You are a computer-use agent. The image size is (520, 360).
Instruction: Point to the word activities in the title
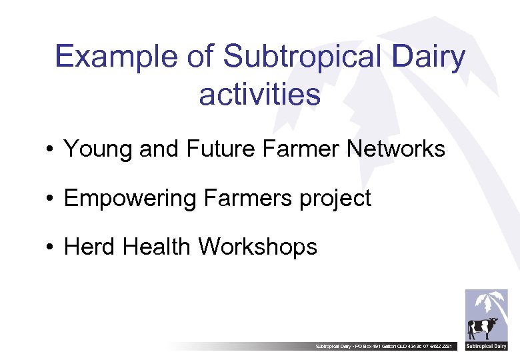tap(259, 95)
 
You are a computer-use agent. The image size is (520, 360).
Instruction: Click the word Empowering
tap(130, 198)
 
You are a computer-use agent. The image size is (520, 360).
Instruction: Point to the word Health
tap(157, 247)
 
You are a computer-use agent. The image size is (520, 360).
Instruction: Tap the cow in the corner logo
tap(483, 328)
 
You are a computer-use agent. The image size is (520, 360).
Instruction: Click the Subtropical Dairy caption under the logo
tap(486, 346)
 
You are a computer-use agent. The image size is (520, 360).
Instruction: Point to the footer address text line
tap(387, 347)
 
